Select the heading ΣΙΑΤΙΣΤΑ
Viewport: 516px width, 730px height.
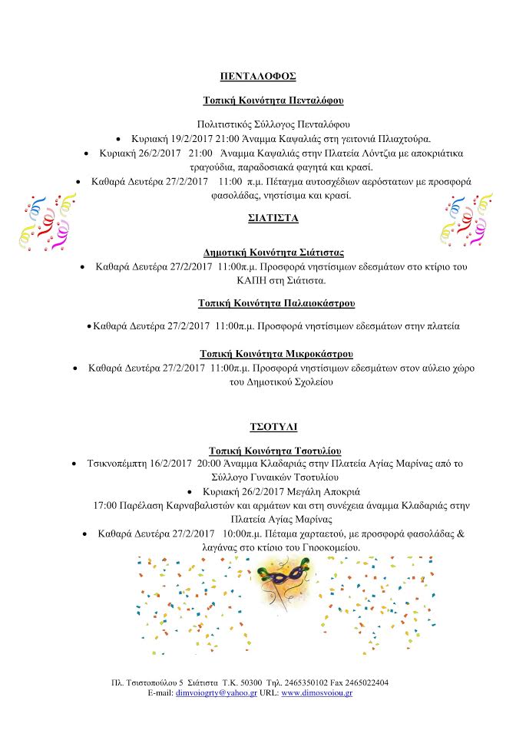point(257,217)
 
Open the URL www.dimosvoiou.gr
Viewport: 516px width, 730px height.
point(316,692)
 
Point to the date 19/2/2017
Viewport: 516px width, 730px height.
point(180,139)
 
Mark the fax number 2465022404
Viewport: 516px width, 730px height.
point(365,682)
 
